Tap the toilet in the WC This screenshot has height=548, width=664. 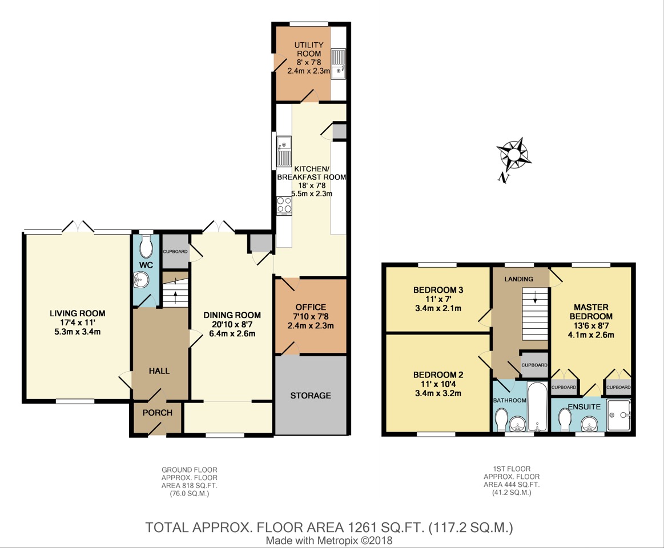pos(146,247)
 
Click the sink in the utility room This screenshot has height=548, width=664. pos(339,64)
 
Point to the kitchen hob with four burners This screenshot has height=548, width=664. pos(284,205)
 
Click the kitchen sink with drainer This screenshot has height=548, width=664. pos(284,151)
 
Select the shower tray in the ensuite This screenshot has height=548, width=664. pos(619,415)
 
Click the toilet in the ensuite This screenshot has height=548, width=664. pos(565,420)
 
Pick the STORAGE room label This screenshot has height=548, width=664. pos(311,395)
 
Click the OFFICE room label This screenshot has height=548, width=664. pos(311,307)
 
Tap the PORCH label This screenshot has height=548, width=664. pos(158,413)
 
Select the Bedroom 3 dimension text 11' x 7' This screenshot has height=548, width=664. pos(438,299)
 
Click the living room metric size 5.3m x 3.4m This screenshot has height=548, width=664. pos(78,332)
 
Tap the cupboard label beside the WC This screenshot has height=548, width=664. pos(175,252)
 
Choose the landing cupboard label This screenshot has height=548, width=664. pos(534,365)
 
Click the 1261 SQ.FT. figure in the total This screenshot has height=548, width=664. pos(386,527)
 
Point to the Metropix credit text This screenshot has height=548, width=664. pos(329,541)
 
